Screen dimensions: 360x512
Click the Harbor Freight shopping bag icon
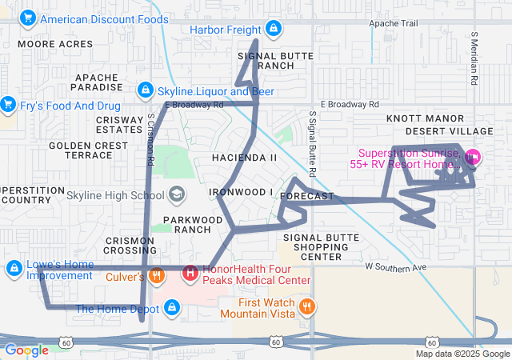point(274,29)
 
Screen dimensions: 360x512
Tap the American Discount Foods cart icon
point(29,18)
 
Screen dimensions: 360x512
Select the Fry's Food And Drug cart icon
point(8,104)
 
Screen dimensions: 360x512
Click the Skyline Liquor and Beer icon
point(146,90)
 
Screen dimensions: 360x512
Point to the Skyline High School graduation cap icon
point(176,194)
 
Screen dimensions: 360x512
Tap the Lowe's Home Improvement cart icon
point(14,268)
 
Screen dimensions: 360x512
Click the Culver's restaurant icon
point(156,277)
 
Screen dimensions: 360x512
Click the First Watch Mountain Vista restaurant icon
point(306,307)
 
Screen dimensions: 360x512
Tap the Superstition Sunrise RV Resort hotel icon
point(472,158)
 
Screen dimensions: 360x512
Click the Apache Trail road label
point(393,24)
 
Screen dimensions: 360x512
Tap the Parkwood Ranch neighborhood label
point(192,224)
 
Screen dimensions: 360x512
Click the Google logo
point(27,350)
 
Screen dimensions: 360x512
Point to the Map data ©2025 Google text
point(462,354)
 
